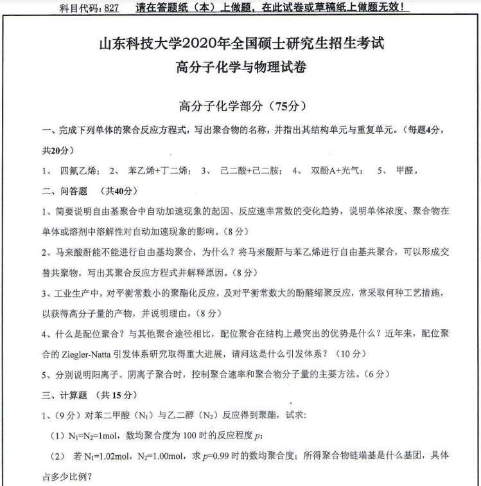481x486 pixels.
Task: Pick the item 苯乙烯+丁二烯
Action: coord(158,170)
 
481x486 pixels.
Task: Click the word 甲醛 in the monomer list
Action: coord(407,170)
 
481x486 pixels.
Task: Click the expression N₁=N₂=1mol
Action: coord(94,435)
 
